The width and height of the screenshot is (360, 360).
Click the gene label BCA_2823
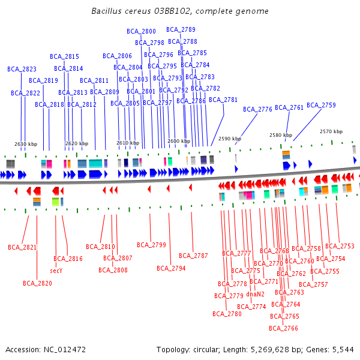(x=22, y=69)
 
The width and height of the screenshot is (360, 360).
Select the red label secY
(x=56, y=271)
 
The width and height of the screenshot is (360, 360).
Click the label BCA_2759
(x=321, y=105)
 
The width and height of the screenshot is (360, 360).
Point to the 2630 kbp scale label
(x=26, y=144)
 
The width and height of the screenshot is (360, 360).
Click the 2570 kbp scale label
(x=331, y=131)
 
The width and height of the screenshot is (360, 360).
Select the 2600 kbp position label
(x=178, y=141)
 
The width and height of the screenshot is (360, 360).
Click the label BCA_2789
(x=181, y=29)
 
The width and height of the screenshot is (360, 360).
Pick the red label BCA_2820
(x=37, y=283)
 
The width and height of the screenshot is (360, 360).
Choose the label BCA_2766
(x=283, y=328)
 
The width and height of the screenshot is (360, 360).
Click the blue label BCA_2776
(x=257, y=109)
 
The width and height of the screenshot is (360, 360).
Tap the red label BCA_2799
(x=151, y=245)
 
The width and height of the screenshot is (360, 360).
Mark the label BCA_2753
(x=340, y=246)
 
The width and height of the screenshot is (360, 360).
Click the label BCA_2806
(x=117, y=56)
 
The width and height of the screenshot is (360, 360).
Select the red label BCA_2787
(x=193, y=256)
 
